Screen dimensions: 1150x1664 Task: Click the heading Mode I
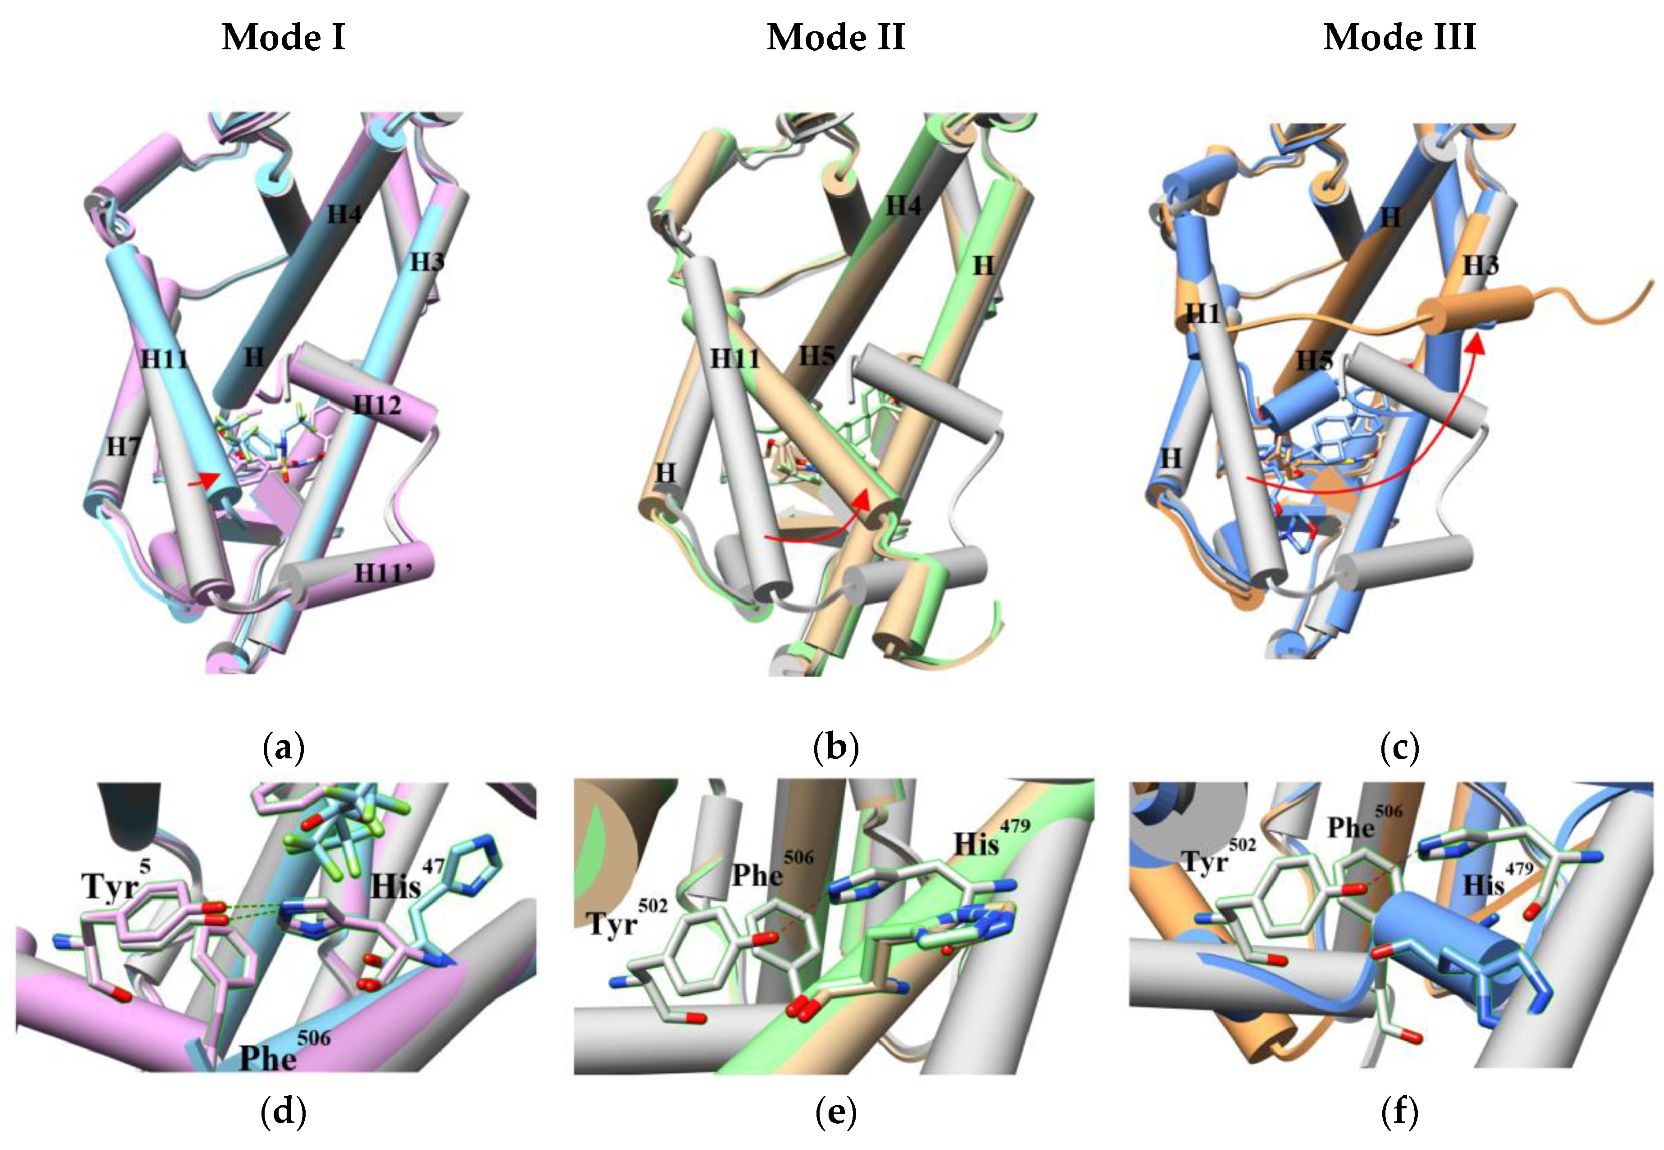coord(283,37)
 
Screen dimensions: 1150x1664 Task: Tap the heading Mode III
coord(1399,37)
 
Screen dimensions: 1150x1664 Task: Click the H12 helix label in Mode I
coord(376,406)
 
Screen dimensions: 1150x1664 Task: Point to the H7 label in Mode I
coord(123,447)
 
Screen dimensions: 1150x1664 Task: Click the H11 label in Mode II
coord(735,358)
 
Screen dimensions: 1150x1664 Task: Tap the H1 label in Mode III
coord(1202,314)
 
